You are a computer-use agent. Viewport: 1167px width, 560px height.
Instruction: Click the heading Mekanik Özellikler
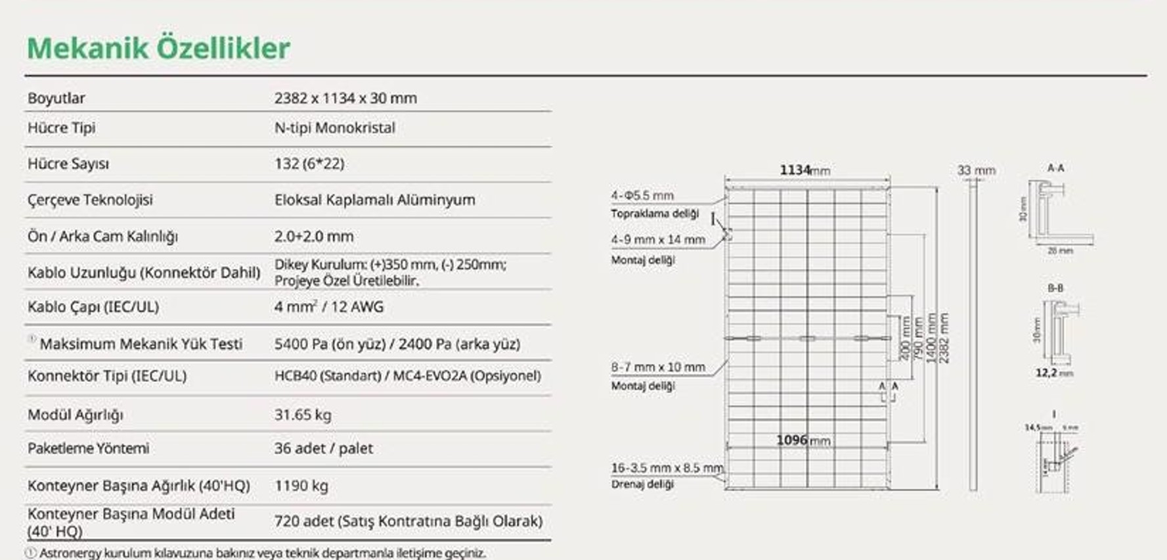click(x=158, y=48)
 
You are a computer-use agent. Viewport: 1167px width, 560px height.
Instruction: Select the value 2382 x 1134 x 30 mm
click(x=345, y=98)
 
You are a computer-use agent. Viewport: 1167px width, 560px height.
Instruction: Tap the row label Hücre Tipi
click(x=61, y=128)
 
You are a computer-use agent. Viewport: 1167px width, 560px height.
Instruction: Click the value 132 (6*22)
click(x=309, y=164)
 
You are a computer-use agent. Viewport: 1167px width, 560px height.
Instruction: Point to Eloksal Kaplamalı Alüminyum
click(x=374, y=200)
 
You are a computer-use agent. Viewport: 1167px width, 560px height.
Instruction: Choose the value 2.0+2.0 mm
click(x=314, y=236)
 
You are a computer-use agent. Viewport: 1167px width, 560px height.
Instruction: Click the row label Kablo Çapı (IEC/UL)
click(x=93, y=307)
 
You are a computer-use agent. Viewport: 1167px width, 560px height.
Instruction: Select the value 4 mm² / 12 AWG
click(x=329, y=307)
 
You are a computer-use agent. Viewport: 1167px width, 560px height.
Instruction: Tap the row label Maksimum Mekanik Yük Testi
click(x=141, y=344)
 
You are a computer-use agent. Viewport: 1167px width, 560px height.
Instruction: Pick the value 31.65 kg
click(x=303, y=415)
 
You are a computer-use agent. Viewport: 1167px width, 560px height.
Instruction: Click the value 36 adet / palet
click(x=323, y=448)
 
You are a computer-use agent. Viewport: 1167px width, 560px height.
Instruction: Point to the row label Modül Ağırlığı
click(x=76, y=415)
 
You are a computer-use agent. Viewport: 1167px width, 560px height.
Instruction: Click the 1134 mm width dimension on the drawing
click(x=804, y=170)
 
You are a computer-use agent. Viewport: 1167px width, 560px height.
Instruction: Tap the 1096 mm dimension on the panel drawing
click(x=803, y=440)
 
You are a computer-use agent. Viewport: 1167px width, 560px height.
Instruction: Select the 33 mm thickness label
click(x=976, y=171)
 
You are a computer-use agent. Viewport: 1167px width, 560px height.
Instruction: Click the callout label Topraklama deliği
click(x=655, y=214)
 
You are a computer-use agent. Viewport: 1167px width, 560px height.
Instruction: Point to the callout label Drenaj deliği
click(x=642, y=484)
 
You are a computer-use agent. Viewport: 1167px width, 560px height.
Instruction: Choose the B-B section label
click(x=1055, y=288)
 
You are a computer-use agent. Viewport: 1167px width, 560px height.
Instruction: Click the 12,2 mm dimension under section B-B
click(x=1054, y=373)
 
